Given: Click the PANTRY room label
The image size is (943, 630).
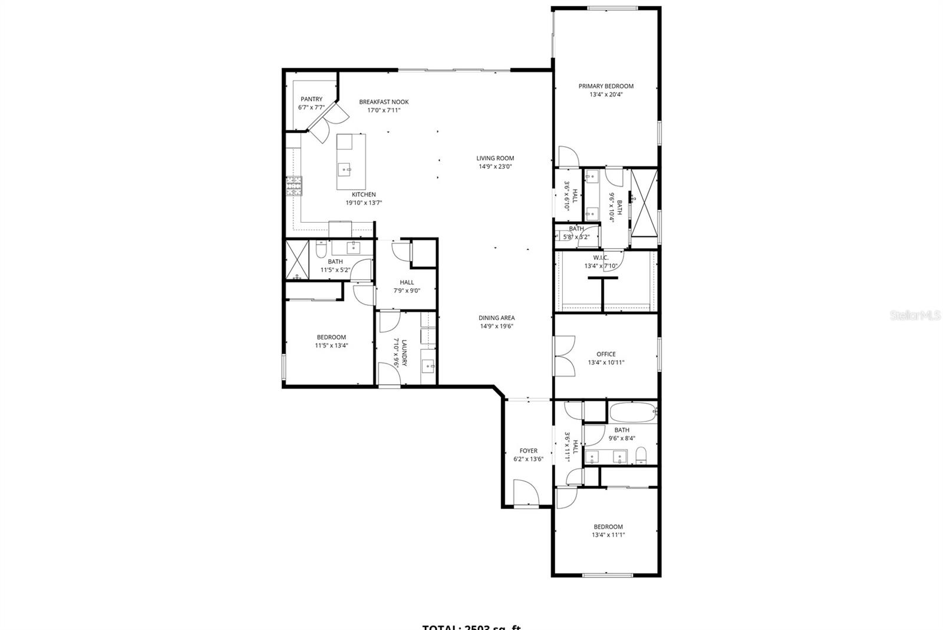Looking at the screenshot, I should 311,99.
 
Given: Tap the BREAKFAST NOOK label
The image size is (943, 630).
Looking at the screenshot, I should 384,102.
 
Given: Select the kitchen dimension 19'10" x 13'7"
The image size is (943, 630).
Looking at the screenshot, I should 364,203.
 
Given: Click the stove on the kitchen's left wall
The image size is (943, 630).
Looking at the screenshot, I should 294,187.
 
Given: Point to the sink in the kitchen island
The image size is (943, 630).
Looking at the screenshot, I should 345,170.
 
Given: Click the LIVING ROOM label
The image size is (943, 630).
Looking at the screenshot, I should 495,158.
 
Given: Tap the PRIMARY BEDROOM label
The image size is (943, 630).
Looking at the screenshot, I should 606,86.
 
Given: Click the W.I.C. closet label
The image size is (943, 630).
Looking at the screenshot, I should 601,258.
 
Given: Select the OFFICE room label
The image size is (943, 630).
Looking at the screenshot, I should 606,354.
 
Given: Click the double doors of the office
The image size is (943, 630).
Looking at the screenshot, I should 565,356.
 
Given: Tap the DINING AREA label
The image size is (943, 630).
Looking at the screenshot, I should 496,318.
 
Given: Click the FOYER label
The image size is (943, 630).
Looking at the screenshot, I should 528,451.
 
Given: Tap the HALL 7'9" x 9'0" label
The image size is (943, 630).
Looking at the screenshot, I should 407,282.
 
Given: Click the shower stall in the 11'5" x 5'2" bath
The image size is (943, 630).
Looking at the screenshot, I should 297,259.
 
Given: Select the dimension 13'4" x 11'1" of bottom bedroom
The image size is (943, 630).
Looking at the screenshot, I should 608,535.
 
